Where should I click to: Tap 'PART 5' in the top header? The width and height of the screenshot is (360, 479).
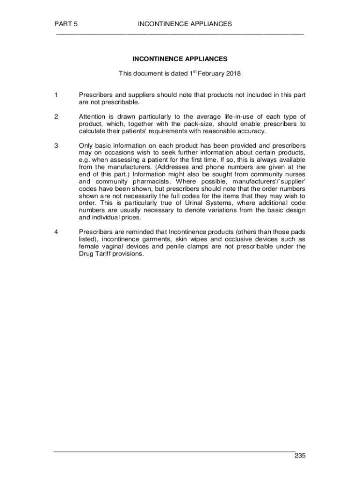[x=65, y=24]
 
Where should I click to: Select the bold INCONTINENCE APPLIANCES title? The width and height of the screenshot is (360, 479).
[x=180, y=59]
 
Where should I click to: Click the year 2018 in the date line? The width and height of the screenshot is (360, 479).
[x=232, y=73]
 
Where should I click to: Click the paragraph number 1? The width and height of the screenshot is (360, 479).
[x=56, y=95]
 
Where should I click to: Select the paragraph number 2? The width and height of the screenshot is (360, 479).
[x=56, y=116]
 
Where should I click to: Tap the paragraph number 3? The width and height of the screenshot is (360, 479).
[x=56, y=145]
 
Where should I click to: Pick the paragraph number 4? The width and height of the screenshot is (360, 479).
[x=56, y=232]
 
